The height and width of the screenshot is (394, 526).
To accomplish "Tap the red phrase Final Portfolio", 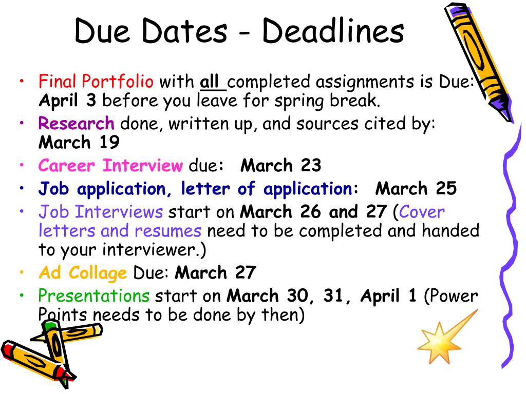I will (96, 82).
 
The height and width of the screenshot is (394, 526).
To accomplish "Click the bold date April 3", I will (67, 101).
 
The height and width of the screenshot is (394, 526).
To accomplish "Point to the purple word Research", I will (77, 123).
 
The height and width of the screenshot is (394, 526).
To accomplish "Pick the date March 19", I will (79, 142).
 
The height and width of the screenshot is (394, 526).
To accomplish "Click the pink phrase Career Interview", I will (110, 166).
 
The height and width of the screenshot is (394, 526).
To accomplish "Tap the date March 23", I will (281, 166).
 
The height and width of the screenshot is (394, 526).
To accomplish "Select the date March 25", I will (416, 189).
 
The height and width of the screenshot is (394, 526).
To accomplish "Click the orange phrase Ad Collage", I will (82, 272).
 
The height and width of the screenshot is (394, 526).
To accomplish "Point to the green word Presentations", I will (94, 295).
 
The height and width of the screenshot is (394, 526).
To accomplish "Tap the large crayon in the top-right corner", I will (478, 62).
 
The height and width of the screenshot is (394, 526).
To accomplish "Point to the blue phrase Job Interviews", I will (101, 211).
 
